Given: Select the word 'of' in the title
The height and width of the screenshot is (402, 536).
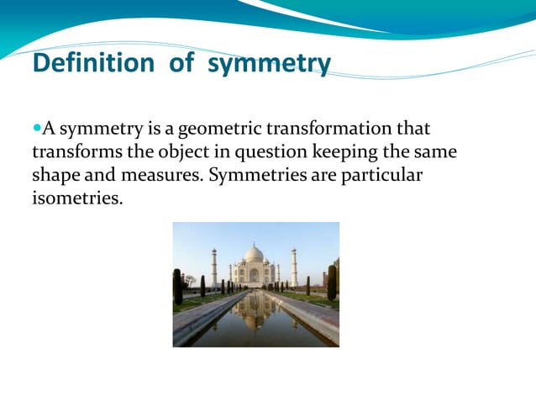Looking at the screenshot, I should (181, 63).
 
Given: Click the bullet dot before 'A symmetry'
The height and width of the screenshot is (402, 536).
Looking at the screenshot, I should (36, 130).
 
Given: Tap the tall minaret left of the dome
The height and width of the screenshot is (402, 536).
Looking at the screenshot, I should (214, 267).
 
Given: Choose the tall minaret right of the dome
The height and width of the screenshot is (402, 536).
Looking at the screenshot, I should (294, 267).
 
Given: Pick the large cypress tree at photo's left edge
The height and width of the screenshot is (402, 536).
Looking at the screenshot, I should (177, 286).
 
